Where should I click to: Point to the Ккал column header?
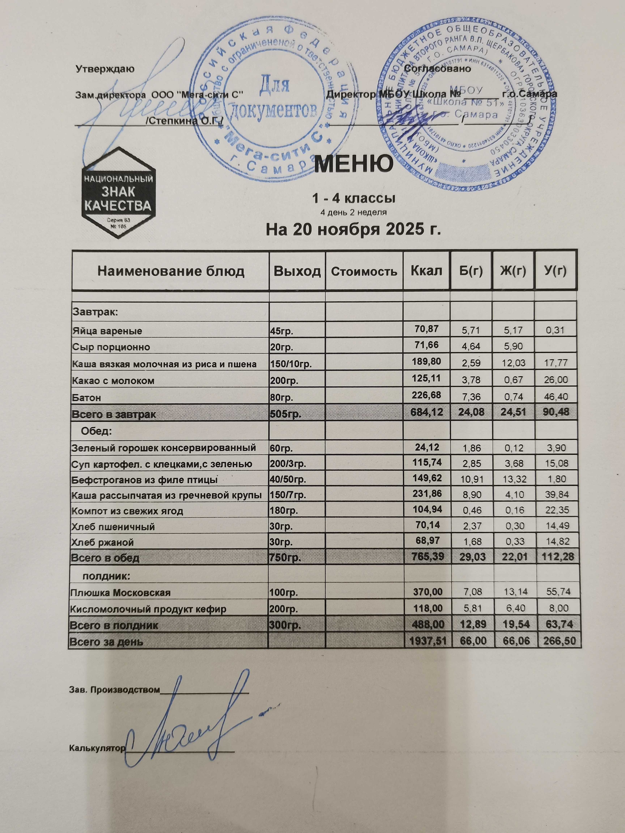[x=426, y=271]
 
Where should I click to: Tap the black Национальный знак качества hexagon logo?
[x=118, y=193]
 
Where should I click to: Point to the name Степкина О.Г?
[x=185, y=121]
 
